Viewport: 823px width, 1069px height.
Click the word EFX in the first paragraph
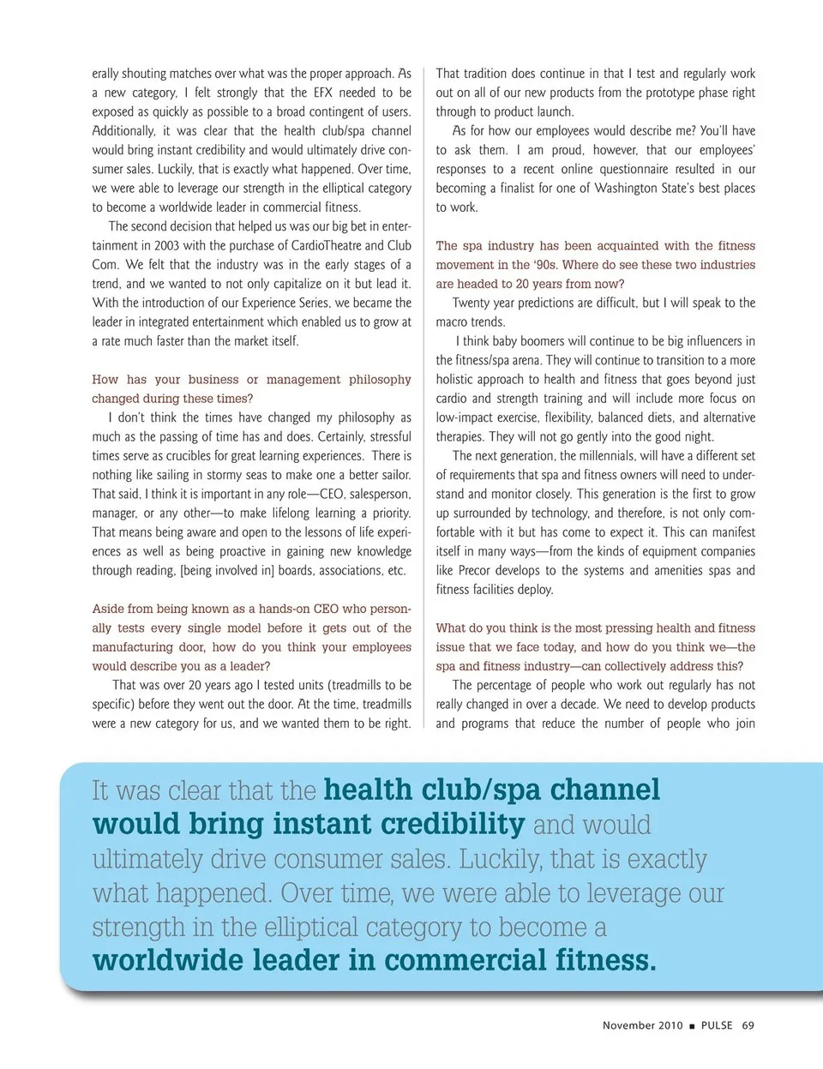[x=323, y=93]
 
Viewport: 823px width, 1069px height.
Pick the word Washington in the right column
[x=628, y=188]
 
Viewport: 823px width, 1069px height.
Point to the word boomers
[x=544, y=341]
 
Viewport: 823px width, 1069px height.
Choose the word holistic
[x=458, y=379]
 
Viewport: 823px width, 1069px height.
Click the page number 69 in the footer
[x=748, y=1025]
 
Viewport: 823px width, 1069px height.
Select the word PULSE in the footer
[x=717, y=1025]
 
